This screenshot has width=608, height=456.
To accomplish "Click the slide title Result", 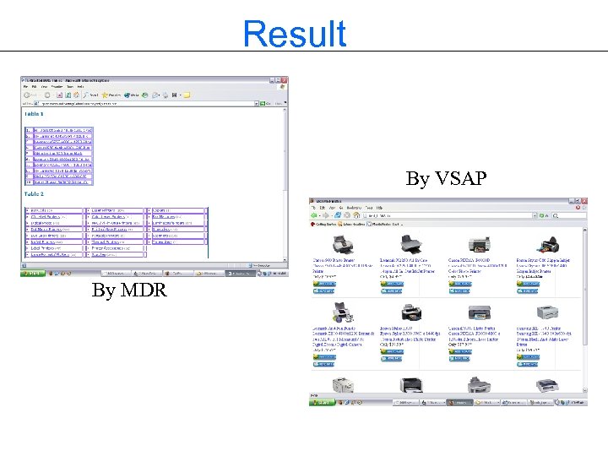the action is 294,34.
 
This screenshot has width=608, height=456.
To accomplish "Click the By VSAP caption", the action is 445,179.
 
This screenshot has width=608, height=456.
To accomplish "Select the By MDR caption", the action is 129,290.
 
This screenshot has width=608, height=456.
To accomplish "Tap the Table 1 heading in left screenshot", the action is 35,113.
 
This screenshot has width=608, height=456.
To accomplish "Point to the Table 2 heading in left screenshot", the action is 35,194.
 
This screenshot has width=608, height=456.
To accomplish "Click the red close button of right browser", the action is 584,202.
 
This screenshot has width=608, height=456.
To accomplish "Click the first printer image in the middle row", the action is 344,312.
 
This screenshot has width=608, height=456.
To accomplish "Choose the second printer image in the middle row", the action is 413,312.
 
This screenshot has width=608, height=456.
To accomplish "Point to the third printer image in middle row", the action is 480,312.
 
